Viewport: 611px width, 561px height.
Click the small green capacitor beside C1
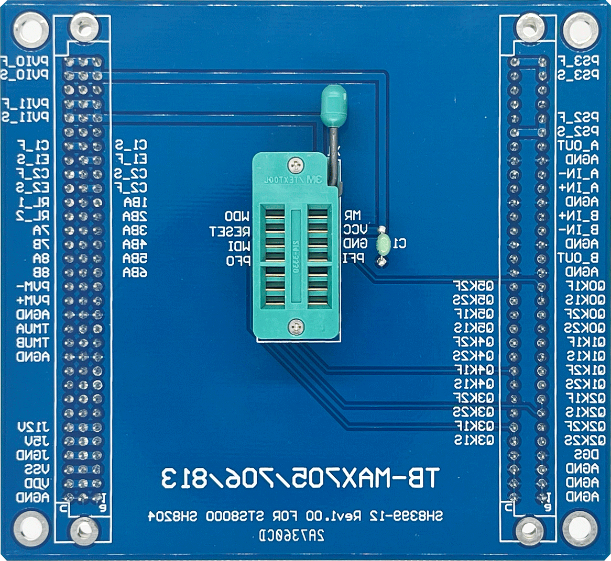pyautogui.click(x=383, y=244)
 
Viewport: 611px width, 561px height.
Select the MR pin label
pyautogui.click(x=353, y=215)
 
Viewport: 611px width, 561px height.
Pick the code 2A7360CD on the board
pyautogui.click(x=292, y=535)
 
